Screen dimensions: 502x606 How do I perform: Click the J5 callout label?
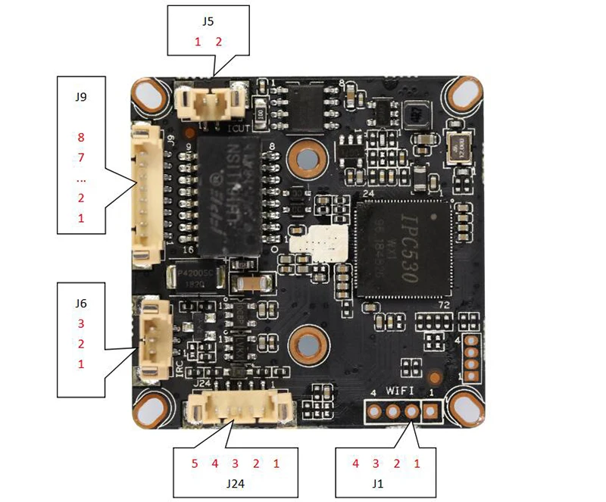(208, 21)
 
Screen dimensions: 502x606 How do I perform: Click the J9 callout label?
(81, 97)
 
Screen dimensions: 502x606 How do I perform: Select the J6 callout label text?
(81, 303)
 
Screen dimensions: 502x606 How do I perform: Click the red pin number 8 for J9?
(81, 138)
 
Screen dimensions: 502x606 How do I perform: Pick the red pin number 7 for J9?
(81, 158)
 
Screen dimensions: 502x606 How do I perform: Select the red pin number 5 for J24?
(195, 463)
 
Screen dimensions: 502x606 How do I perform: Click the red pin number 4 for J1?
(355, 463)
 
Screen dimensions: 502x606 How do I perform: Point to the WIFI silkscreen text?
(401, 391)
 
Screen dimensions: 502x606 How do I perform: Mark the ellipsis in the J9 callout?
(81, 179)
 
